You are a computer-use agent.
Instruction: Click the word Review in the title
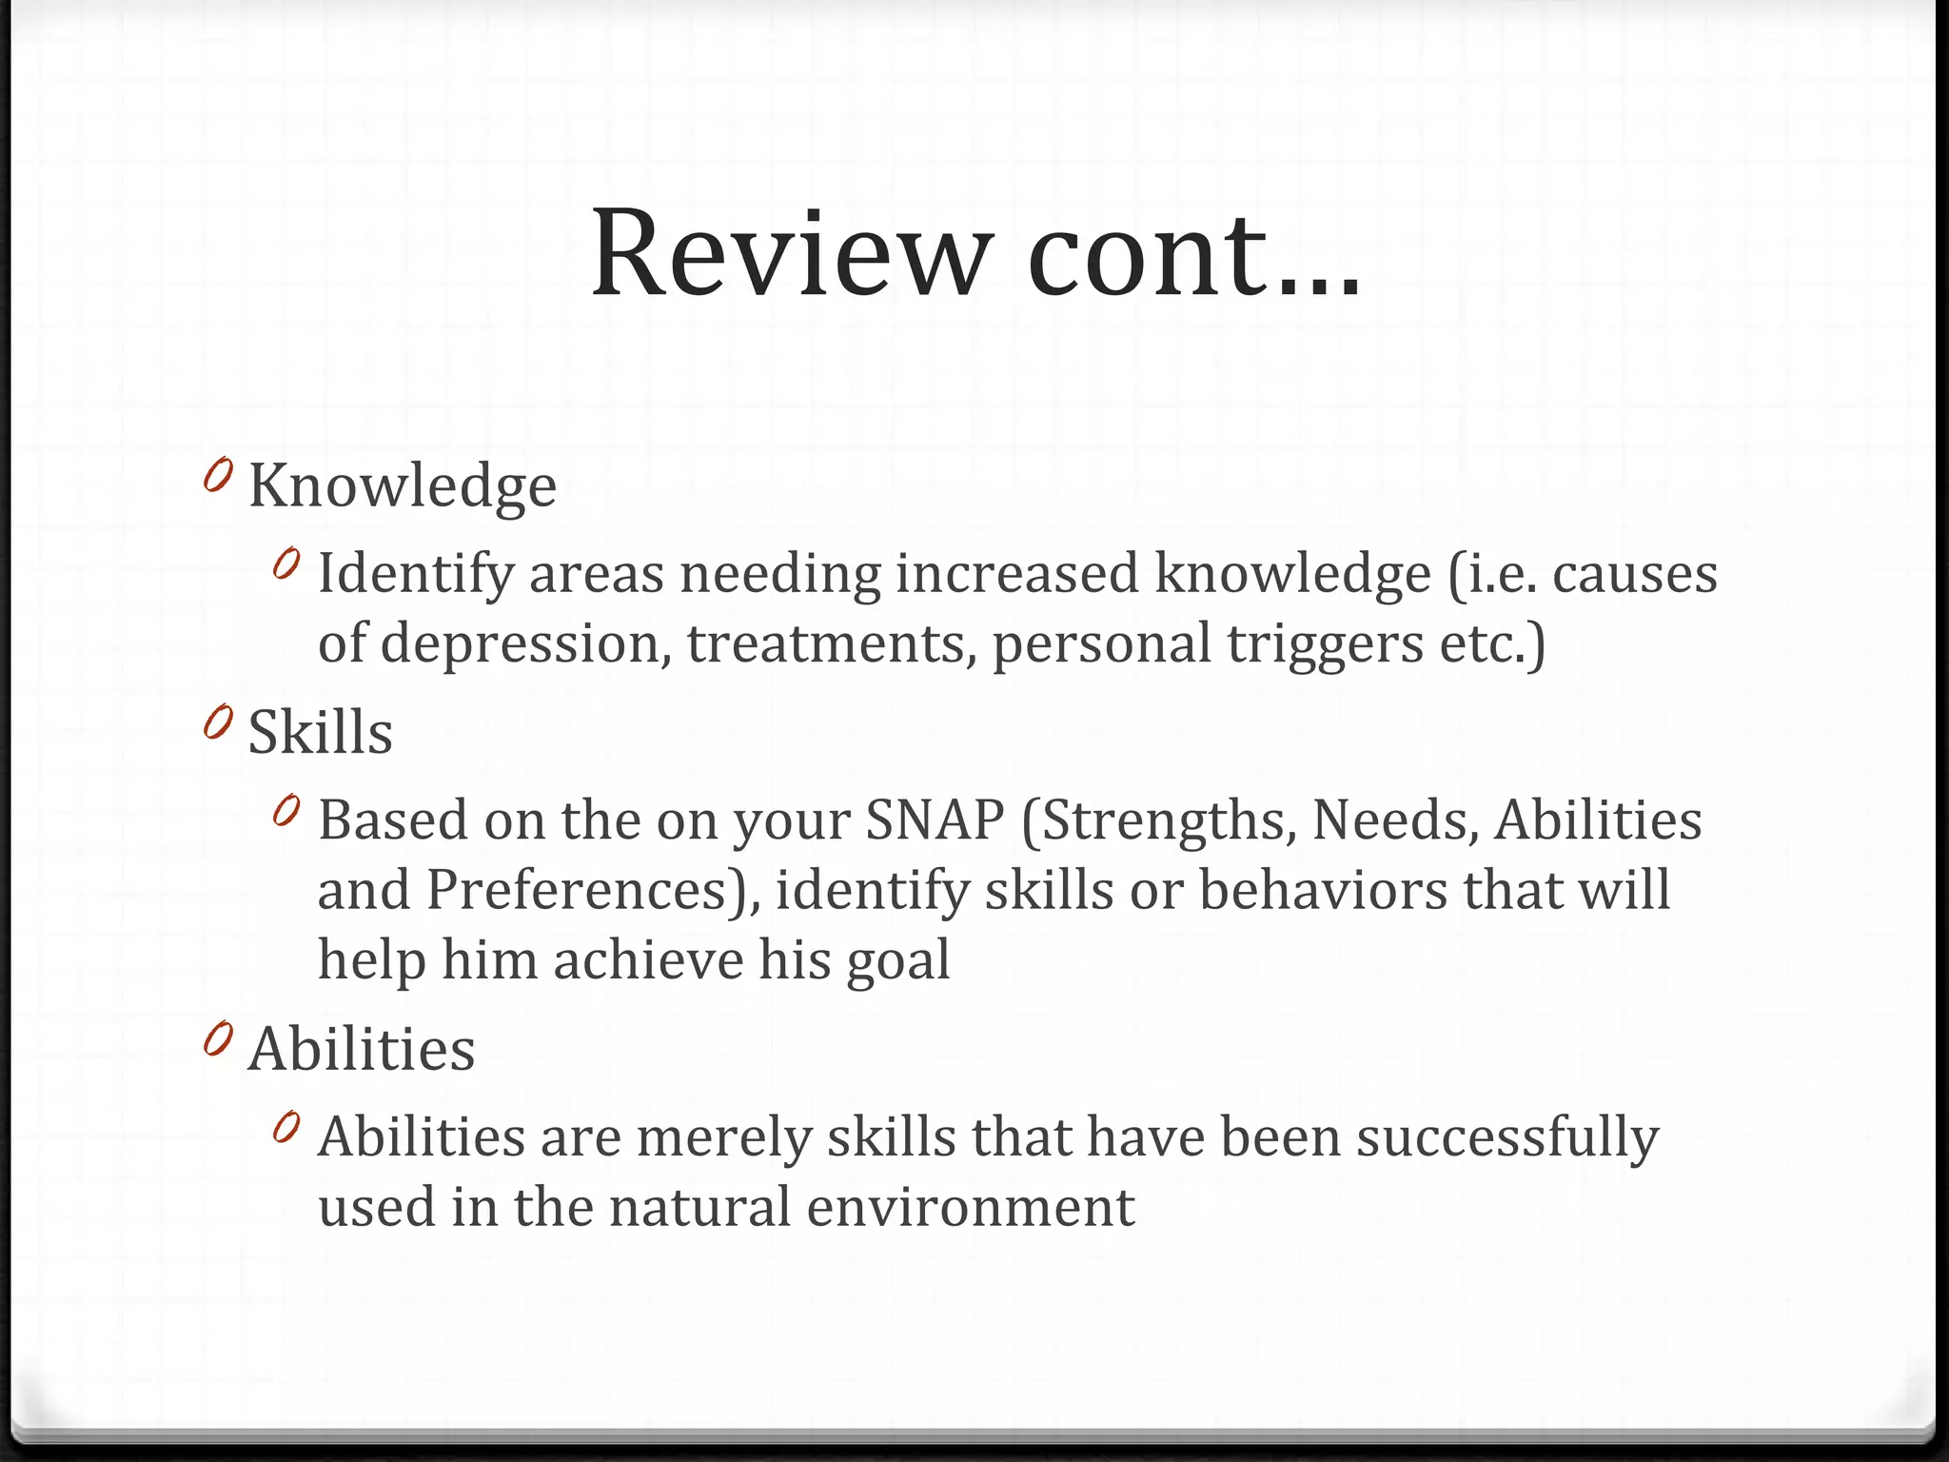click(x=786, y=254)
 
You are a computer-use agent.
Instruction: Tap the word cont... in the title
click(x=1193, y=254)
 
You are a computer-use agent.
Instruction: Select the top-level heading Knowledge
click(x=403, y=486)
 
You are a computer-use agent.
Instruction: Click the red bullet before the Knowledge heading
click(x=218, y=475)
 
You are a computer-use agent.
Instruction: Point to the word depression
click(x=521, y=644)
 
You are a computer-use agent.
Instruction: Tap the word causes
click(x=1635, y=574)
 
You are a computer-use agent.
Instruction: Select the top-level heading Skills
click(x=321, y=733)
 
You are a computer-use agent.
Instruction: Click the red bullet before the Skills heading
click(x=218, y=723)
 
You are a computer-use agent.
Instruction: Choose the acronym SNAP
click(x=935, y=820)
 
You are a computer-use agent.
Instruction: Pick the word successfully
click(x=1507, y=1138)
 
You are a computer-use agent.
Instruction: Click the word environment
click(x=970, y=1207)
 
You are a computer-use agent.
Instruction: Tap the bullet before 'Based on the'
click(x=285, y=811)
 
